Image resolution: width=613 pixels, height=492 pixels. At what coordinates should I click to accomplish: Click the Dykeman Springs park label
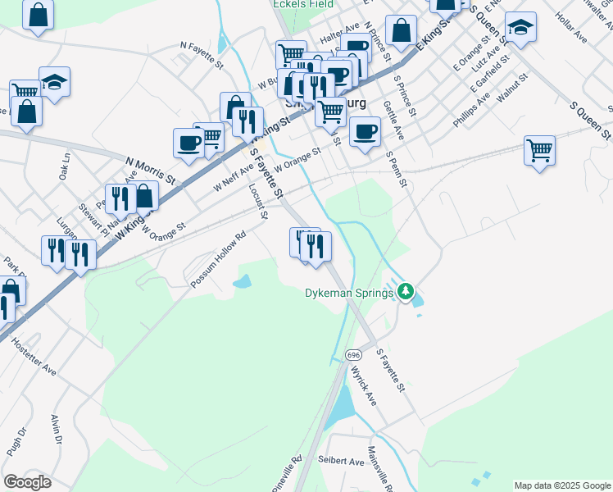coord(349,292)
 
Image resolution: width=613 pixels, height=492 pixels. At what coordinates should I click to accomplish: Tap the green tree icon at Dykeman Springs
coord(406,291)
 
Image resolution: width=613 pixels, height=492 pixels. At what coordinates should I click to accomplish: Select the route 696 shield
coord(353,354)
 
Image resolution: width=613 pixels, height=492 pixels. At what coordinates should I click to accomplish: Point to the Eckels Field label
coord(303,4)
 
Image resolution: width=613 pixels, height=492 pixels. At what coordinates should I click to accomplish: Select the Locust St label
coord(258,202)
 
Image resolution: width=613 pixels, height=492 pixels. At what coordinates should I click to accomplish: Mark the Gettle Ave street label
coord(393,120)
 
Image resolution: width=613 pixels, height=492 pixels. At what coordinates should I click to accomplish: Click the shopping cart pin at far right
coord(539,151)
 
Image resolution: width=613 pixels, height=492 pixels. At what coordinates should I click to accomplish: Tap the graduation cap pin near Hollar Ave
coord(520,28)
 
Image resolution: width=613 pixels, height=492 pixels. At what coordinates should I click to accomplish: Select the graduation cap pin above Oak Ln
coord(54,82)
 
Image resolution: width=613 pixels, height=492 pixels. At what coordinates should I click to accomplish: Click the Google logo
coord(27,482)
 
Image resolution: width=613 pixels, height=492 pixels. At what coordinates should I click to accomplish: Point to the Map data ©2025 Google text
coord(562,485)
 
